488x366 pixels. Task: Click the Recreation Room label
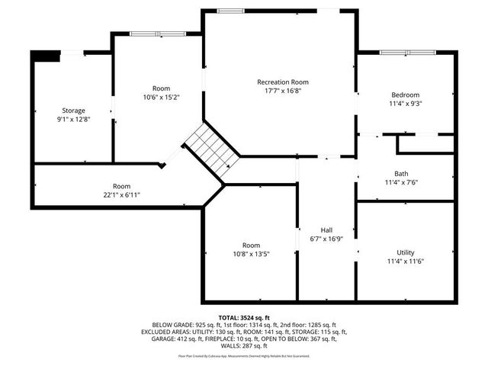click(x=283, y=82)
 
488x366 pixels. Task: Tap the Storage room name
click(x=73, y=111)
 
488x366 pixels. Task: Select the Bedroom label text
click(x=406, y=95)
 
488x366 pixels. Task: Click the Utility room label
click(x=406, y=252)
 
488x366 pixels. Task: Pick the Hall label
click(x=326, y=230)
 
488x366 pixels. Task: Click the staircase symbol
click(x=211, y=148)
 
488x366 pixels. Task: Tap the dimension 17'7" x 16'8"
click(x=283, y=90)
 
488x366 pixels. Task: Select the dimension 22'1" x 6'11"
click(x=122, y=195)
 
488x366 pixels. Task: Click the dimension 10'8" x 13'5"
click(x=251, y=254)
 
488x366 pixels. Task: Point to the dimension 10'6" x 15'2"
click(x=161, y=97)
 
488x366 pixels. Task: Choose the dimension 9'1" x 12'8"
click(x=73, y=119)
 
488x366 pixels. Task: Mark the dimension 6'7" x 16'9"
click(x=326, y=238)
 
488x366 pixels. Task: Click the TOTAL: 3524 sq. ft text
click(x=244, y=317)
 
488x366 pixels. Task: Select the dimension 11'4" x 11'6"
click(x=406, y=261)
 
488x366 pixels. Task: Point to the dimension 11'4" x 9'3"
click(x=406, y=103)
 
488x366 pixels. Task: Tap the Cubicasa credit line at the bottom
click(x=244, y=355)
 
